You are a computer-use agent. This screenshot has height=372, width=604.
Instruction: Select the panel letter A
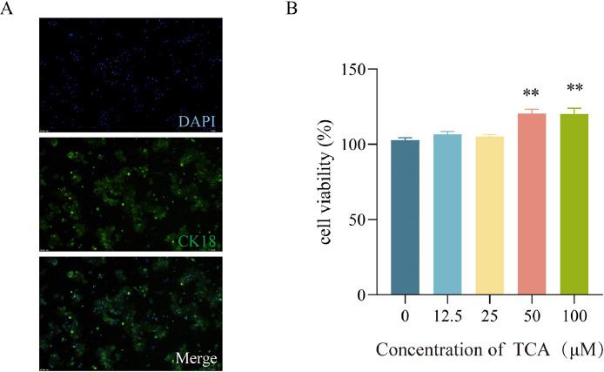[x=7, y=8]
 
